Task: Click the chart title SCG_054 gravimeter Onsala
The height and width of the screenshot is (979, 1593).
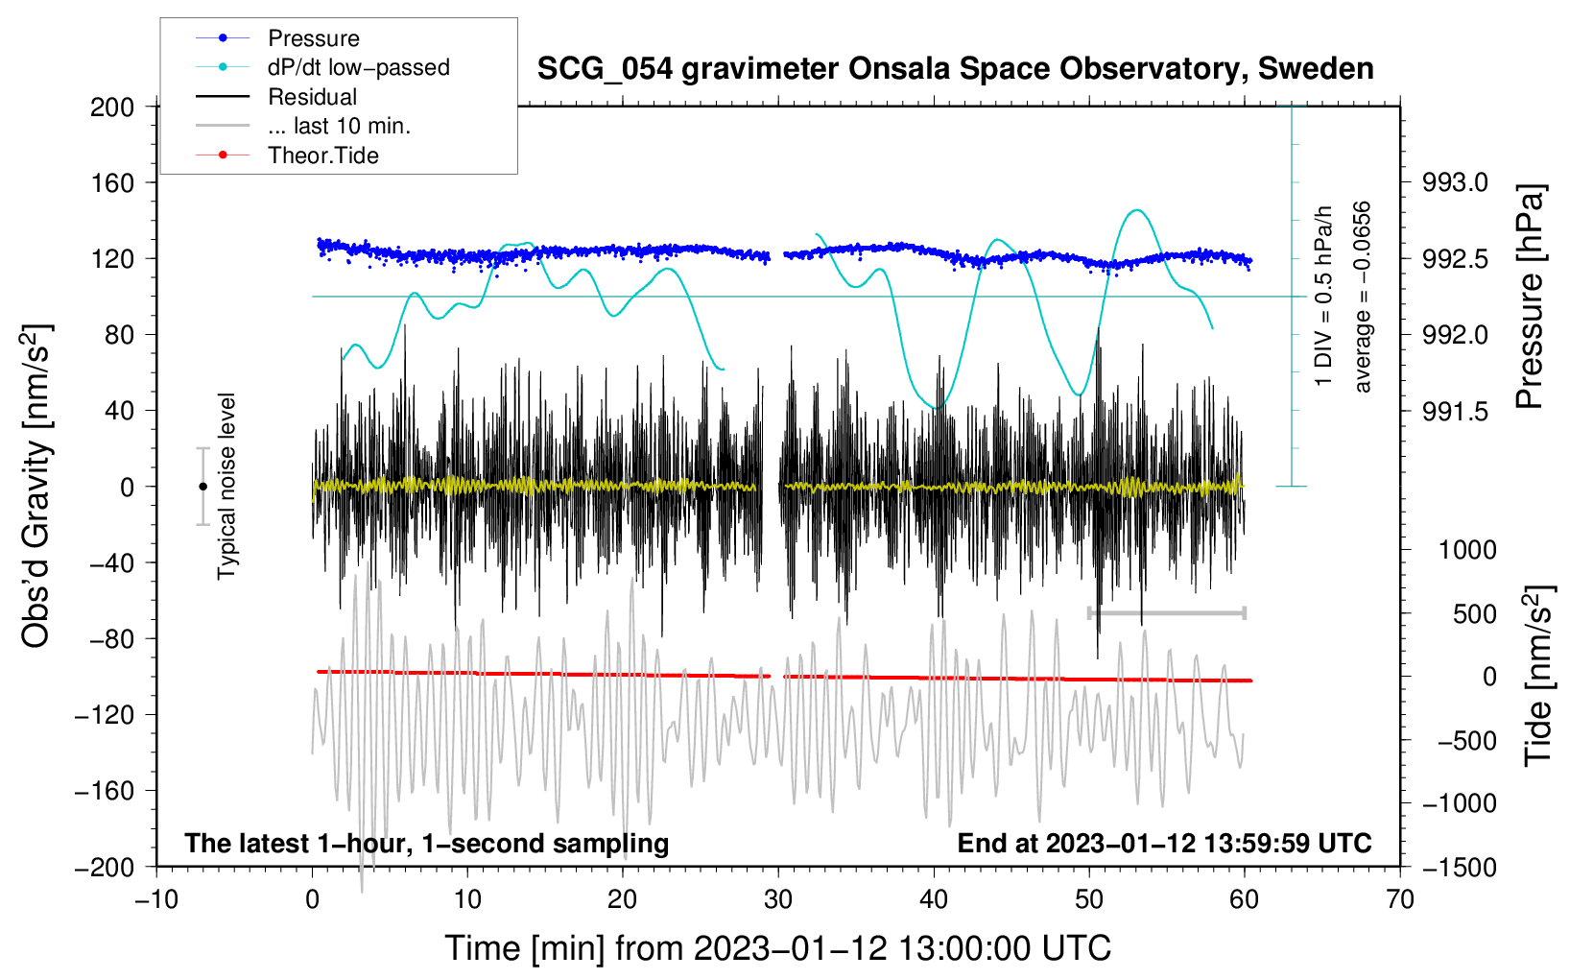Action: tap(955, 69)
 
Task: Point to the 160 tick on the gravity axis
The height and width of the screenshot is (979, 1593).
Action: tap(112, 182)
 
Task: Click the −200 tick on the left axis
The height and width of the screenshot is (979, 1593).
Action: tap(106, 867)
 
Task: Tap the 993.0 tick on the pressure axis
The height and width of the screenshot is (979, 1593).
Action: tap(1455, 182)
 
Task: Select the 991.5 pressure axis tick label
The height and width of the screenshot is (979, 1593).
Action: tap(1455, 411)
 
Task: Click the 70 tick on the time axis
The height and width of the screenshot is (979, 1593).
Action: tap(1400, 900)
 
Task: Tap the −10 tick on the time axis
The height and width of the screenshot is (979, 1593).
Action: tap(156, 900)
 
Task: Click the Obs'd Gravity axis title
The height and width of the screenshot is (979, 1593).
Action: tap(36, 487)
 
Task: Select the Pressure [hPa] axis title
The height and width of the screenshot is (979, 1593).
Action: tap(1530, 298)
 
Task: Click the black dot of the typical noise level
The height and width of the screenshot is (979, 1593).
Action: tap(202, 487)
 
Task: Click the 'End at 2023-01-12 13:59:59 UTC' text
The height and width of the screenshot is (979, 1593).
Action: tap(1164, 844)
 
